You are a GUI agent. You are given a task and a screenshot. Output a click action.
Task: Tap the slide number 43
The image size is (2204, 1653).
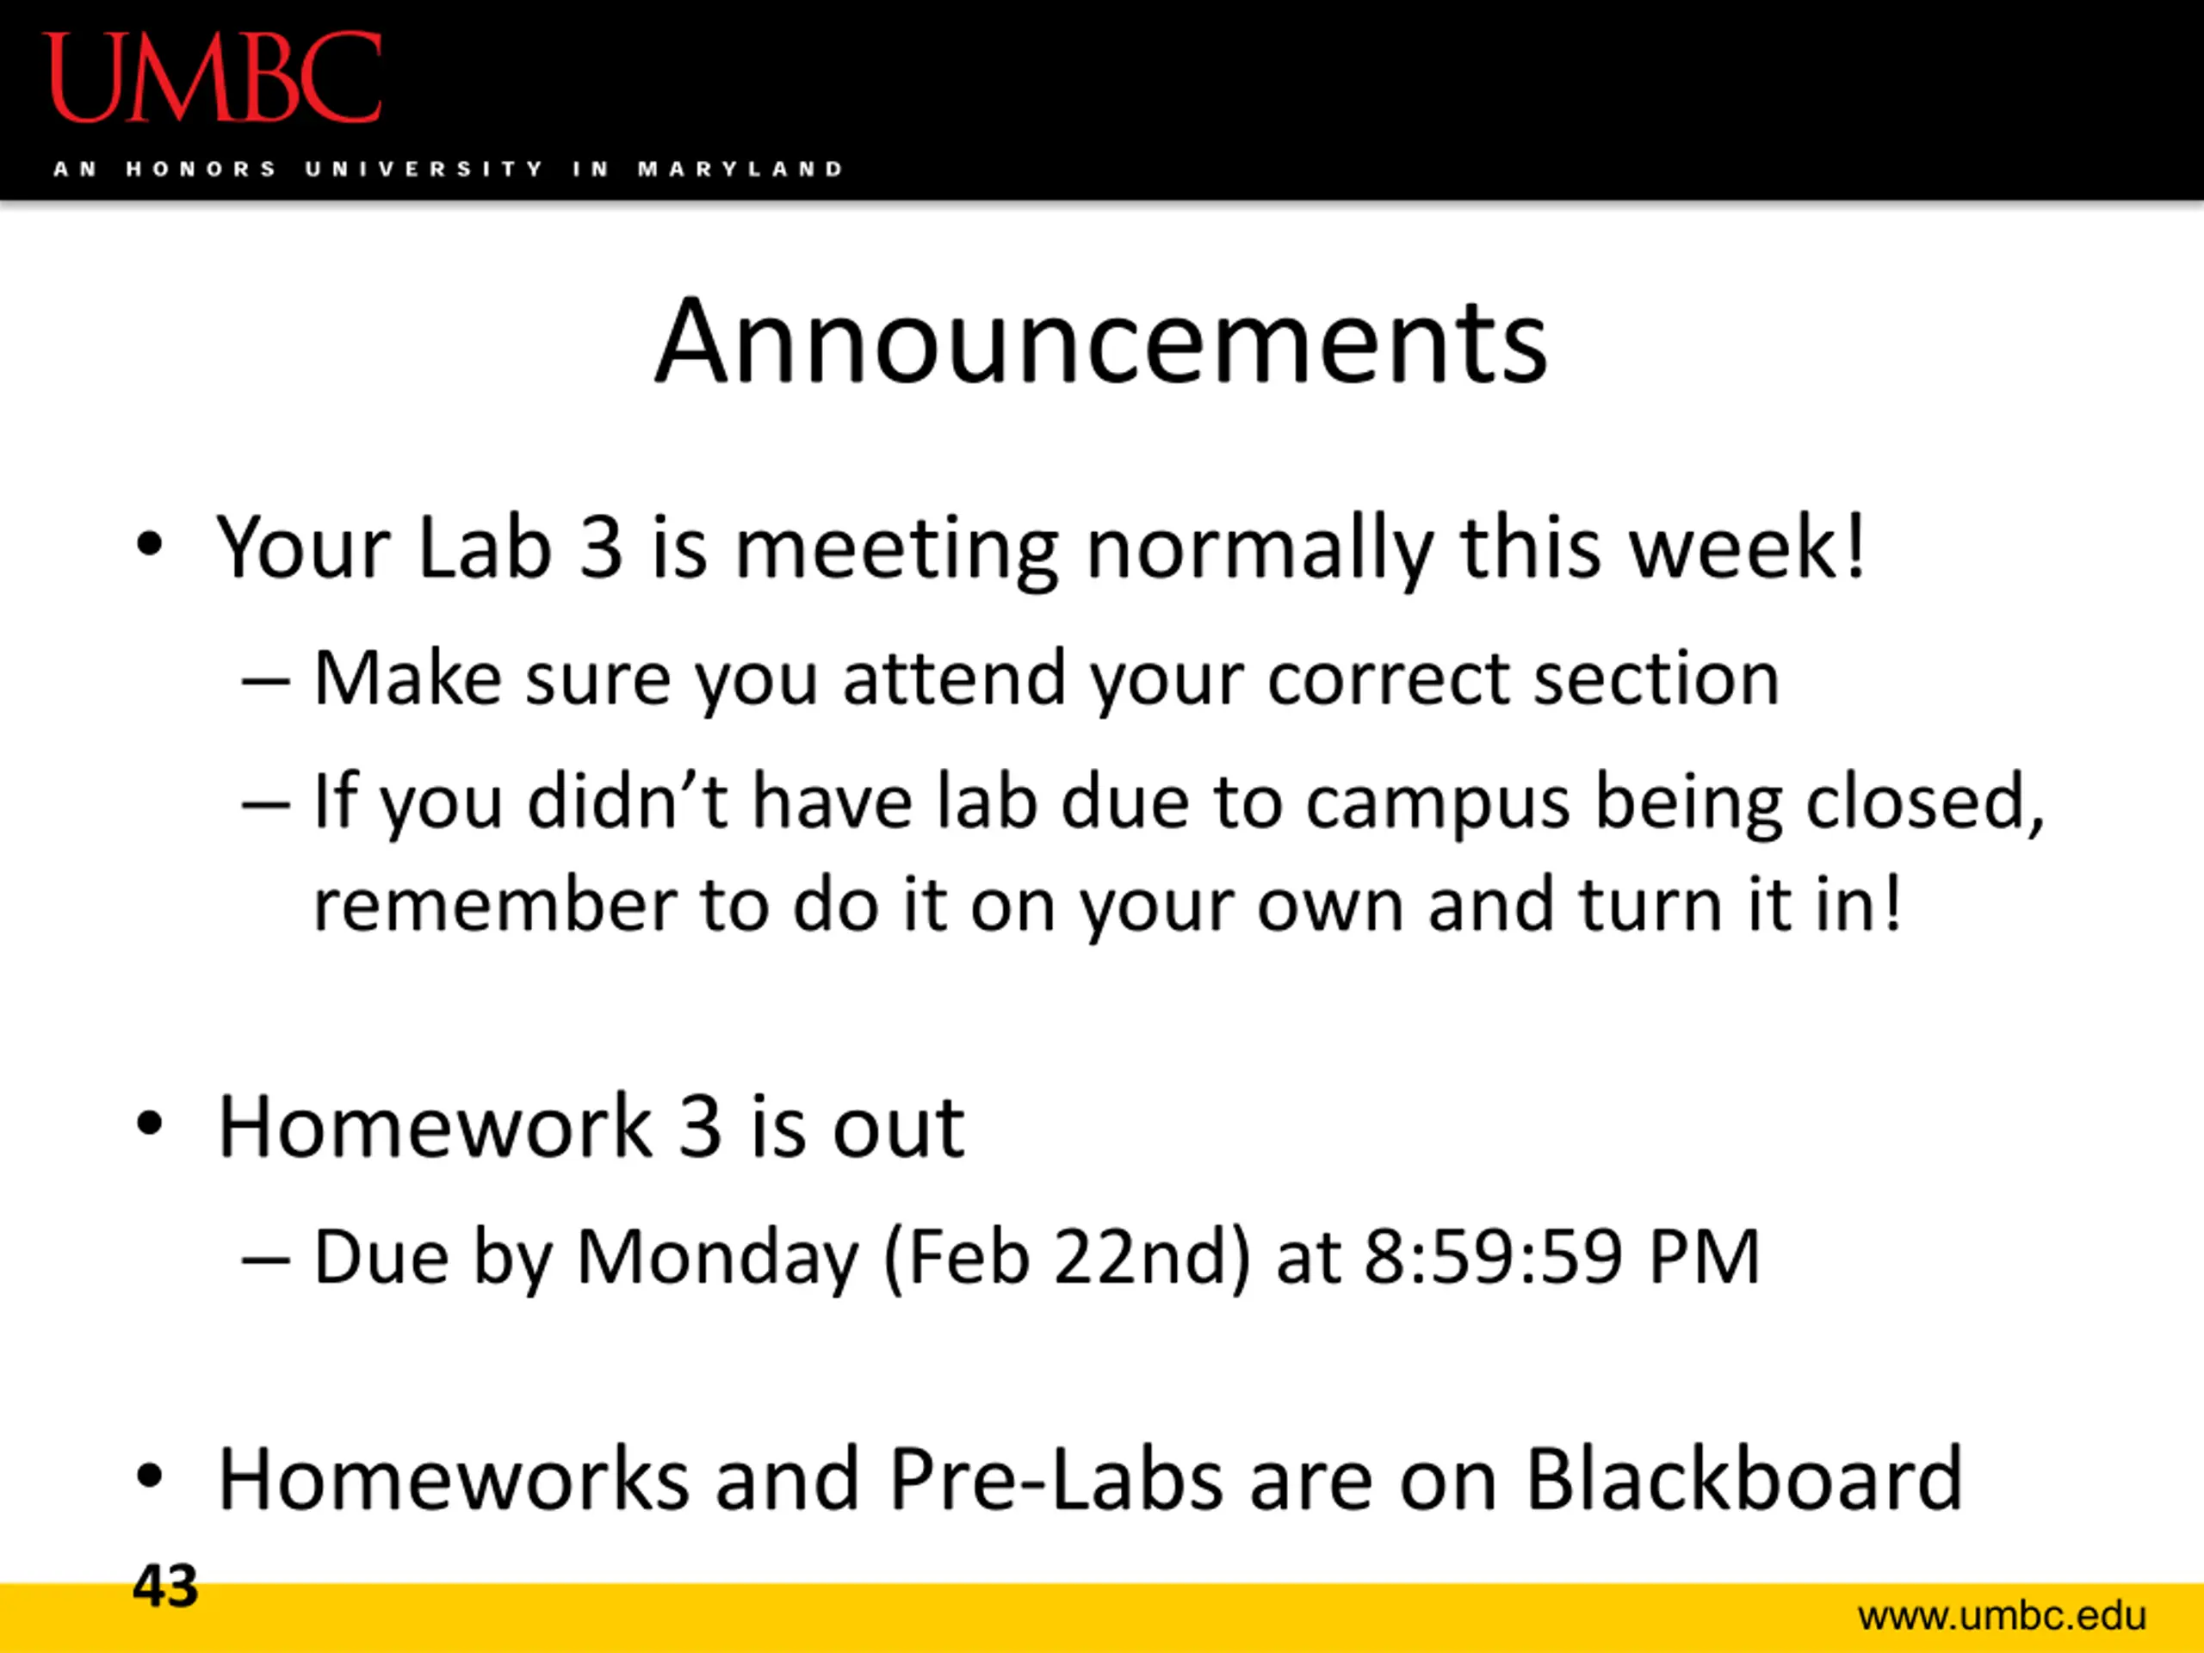(x=165, y=1585)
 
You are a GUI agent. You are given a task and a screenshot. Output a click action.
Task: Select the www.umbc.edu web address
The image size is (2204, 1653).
(x=2002, y=1615)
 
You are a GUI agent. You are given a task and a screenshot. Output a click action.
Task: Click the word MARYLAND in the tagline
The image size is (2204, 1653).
(x=740, y=169)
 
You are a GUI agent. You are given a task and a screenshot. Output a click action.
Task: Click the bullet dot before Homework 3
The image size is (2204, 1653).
(x=150, y=1124)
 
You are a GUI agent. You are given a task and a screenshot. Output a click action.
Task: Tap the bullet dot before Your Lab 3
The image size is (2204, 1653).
(x=150, y=544)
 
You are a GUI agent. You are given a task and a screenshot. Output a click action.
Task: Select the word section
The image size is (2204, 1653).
(x=1656, y=678)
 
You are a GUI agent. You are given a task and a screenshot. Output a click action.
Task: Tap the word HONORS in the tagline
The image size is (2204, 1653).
(x=201, y=169)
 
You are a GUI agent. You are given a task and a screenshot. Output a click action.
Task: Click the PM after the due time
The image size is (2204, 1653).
(x=1705, y=1256)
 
